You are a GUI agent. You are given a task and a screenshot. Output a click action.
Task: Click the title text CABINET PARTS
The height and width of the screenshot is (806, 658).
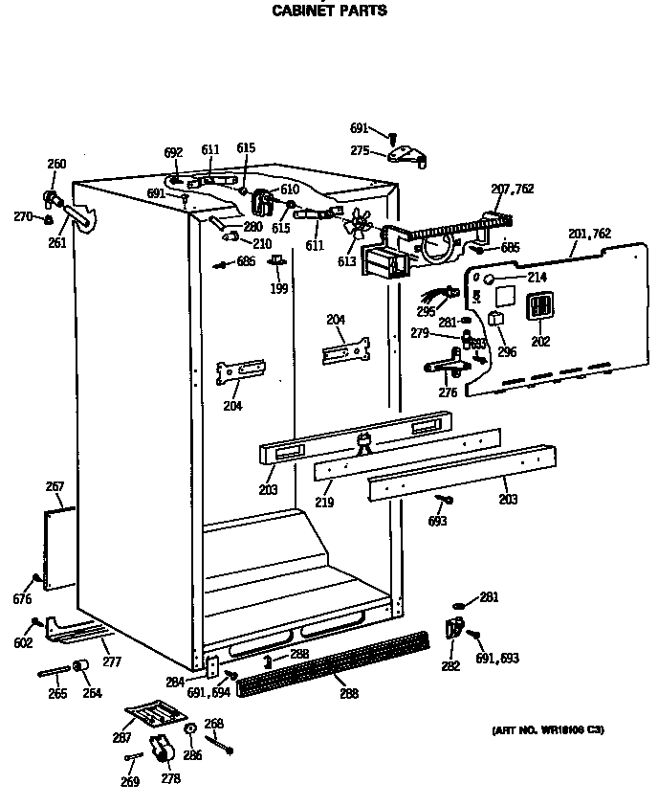(330, 11)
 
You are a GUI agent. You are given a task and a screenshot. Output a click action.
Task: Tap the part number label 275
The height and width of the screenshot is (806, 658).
(360, 149)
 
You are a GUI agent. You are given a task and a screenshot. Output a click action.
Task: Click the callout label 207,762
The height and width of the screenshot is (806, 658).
(512, 190)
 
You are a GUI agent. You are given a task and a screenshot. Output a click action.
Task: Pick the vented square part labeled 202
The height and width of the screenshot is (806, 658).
(540, 306)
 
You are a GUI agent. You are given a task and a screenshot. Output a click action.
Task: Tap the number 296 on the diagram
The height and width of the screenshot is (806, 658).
(506, 351)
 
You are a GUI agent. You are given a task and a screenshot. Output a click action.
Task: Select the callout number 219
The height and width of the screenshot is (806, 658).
(325, 502)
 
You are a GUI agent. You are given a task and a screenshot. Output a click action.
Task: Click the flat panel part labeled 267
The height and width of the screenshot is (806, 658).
(60, 548)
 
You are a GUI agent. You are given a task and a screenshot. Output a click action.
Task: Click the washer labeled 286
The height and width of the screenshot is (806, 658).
(189, 729)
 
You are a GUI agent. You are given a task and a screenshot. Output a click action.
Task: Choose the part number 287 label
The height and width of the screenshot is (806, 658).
(122, 739)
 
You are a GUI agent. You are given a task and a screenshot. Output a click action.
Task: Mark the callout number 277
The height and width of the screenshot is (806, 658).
(112, 661)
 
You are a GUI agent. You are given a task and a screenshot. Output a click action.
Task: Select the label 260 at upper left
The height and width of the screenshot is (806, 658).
(56, 164)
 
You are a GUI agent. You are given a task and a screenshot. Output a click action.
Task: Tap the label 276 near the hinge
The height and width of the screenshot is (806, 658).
(448, 392)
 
